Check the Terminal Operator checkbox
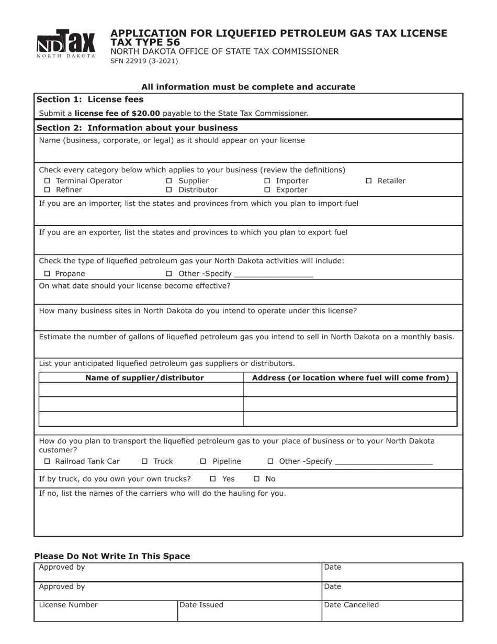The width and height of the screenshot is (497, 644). point(47,181)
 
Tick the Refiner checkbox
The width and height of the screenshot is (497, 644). point(47,190)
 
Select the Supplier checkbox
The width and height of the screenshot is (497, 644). point(169,181)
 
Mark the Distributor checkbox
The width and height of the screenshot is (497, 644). point(169,190)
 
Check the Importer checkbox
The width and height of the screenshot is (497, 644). point(267,181)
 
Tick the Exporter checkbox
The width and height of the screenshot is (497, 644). point(267,190)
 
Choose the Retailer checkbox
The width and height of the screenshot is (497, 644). point(368,181)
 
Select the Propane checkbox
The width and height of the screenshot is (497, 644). point(47,274)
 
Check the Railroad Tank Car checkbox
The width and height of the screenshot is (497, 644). point(47,461)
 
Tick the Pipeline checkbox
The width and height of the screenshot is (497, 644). point(204,461)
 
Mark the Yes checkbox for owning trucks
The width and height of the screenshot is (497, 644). point(213,479)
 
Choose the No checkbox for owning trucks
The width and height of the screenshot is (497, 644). point(257,479)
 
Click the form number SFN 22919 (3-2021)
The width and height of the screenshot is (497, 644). point(144,61)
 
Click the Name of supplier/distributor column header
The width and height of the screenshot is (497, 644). point(144,378)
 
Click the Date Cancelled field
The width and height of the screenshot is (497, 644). point(392,611)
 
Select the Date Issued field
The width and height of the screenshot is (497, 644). point(249,611)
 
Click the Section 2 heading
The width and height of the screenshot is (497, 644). point(137,128)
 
